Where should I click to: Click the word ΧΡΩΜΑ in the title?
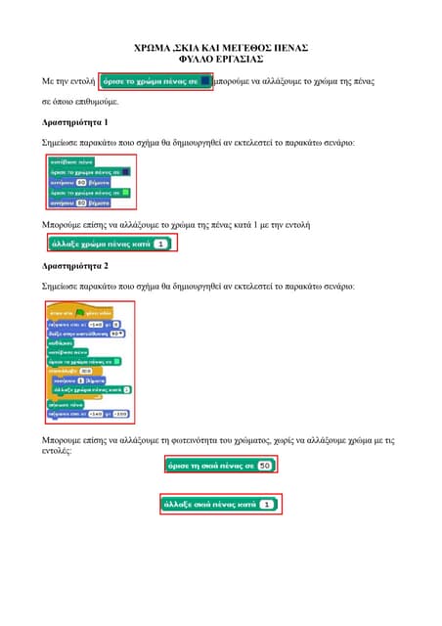click(x=152, y=47)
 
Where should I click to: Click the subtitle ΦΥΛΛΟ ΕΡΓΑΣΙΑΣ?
click(x=221, y=59)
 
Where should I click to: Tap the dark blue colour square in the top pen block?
click(x=204, y=82)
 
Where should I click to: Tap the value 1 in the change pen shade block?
click(x=266, y=505)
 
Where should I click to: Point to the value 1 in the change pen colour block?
click(x=160, y=244)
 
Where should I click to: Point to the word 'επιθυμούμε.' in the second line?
click(x=96, y=101)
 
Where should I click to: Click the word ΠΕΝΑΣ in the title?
click(x=289, y=47)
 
